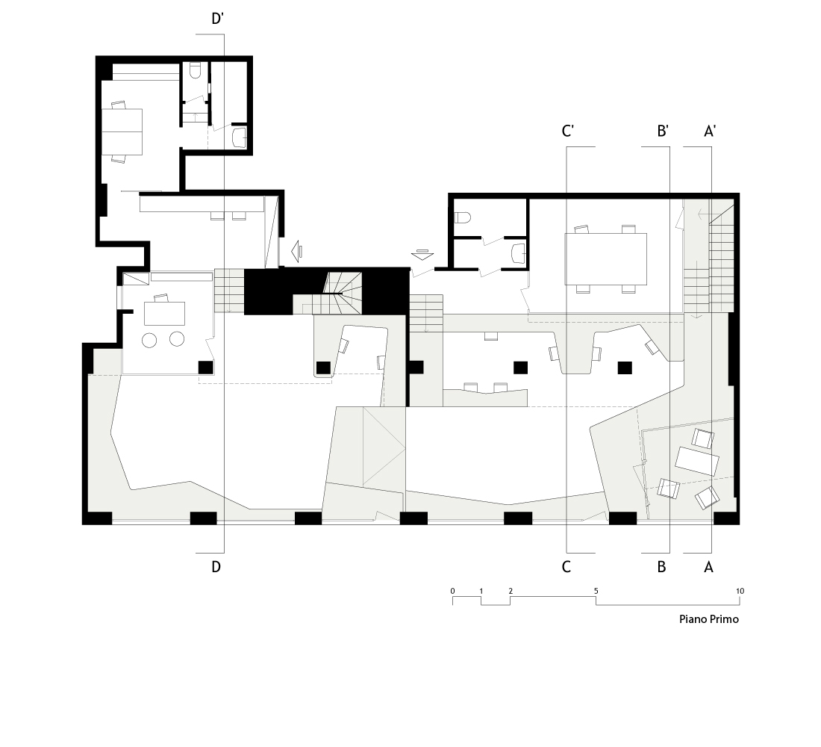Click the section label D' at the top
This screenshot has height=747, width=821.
click(x=217, y=19)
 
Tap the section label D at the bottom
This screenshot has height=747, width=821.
click(x=216, y=567)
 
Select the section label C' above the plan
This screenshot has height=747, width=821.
click(x=567, y=131)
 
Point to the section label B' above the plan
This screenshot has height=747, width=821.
click(x=663, y=131)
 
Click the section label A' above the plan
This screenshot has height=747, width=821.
click(x=710, y=131)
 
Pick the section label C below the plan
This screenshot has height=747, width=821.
click(x=566, y=567)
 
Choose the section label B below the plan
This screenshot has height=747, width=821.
click(x=661, y=567)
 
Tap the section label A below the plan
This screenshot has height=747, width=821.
click(x=708, y=567)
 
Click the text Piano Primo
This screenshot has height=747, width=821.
click(x=709, y=619)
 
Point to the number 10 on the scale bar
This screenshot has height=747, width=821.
click(x=740, y=591)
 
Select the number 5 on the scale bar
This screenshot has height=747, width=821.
click(x=596, y=591)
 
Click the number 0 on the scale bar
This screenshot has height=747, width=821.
click(x=453, y=591)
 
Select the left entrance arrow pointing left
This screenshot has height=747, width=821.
click(x=296, y=251)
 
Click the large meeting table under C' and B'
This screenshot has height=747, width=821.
click(x=606, y=259)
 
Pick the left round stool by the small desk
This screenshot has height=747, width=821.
click(x=150, y=340)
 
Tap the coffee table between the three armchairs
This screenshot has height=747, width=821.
click(x=697, y=461)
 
